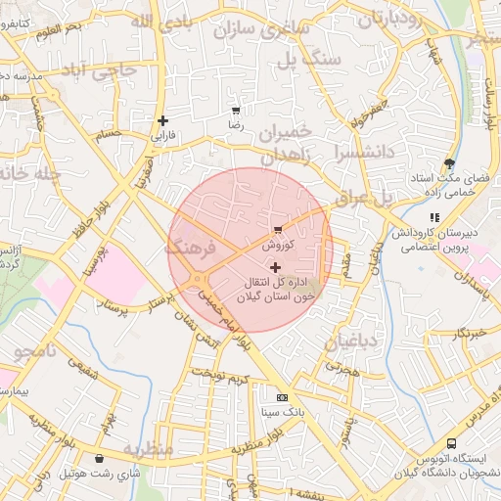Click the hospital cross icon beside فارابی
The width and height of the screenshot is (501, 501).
[x=162, y=121]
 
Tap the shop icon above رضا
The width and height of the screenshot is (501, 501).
[x=235, y=111]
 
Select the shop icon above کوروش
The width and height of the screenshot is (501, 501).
[x=279, y=229]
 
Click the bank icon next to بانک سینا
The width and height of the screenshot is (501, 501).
[x=282, y=398]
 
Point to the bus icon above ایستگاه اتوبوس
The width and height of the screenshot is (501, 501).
[x=451, y=443]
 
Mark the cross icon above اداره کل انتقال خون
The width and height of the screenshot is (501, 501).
[x=274, y=267]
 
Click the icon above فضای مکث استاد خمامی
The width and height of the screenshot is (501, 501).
[x=449, y=164]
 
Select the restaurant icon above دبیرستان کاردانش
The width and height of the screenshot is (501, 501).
[x=434, y=217]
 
